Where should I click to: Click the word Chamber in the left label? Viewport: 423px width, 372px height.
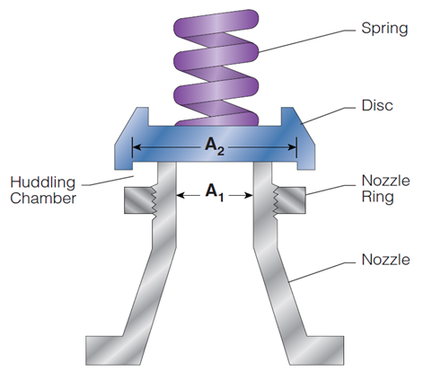coord(37,198)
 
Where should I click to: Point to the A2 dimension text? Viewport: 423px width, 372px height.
coord(214,147)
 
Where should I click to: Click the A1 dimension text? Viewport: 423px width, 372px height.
coord(214,191)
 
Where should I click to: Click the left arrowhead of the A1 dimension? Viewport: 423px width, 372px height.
coord(181,192)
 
